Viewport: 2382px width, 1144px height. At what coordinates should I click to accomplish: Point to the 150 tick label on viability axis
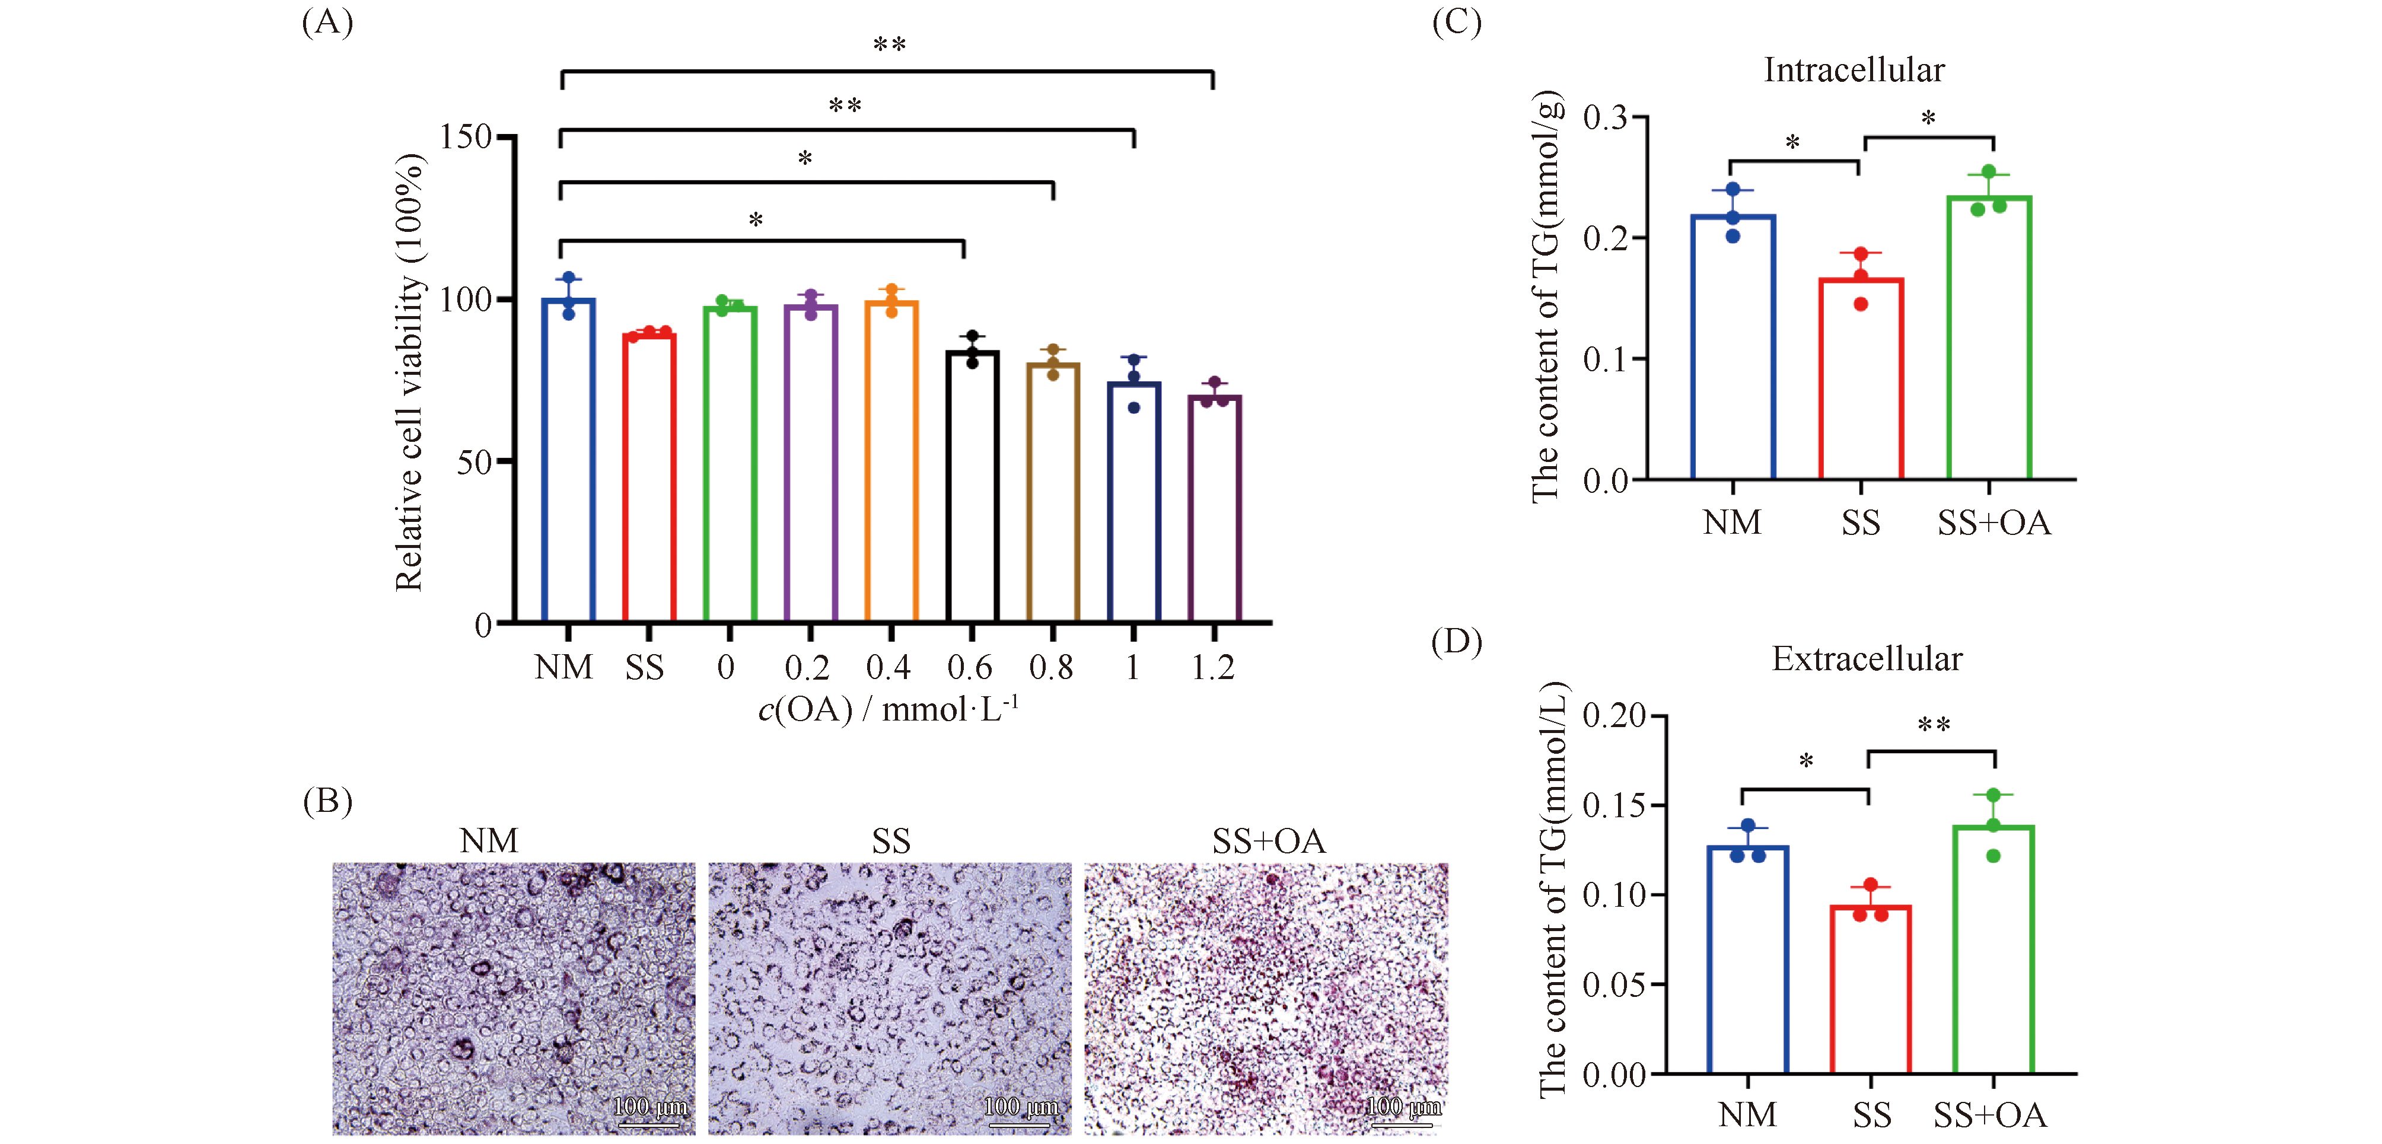coord(465,137)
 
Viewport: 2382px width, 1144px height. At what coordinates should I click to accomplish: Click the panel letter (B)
coord(328,801)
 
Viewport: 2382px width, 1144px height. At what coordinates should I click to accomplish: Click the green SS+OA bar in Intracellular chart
coord(1988,337)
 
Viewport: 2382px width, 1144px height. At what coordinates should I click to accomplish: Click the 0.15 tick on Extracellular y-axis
coord(1613,805)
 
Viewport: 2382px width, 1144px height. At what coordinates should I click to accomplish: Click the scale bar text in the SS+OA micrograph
coord(1403,1106)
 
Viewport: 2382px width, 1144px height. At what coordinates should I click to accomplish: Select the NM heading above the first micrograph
coord(489,841)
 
